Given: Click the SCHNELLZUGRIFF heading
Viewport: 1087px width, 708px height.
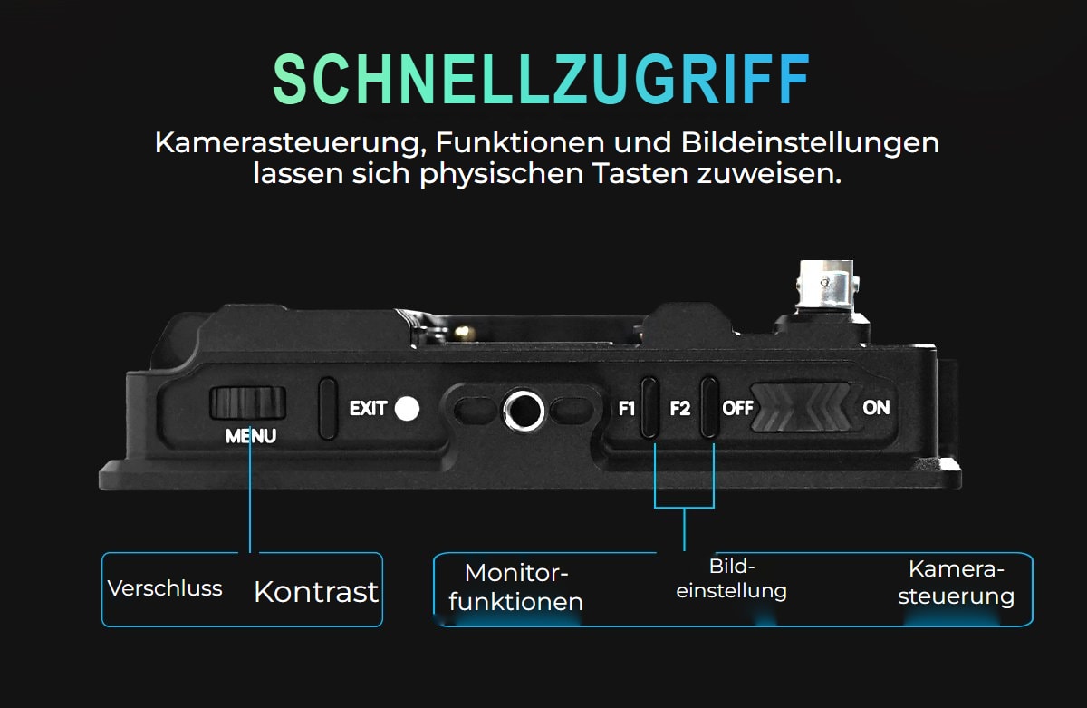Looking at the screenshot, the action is pyautogui.click(x=541, y=79).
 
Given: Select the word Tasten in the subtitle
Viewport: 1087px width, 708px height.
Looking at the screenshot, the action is pyautogui.click(x=641, y=174).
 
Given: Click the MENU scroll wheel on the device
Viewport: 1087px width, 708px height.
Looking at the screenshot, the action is pyautogui.click(x=247, y=403).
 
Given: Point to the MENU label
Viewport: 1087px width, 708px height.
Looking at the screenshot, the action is pyautogui.click(x=251, y=436).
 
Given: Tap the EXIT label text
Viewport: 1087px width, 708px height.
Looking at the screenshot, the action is pyautogui.click(x=369, y=408).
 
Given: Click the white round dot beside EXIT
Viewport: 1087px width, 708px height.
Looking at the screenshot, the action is pyautogui.click(x=407, y=409).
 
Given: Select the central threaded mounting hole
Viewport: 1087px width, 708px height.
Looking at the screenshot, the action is pyautogui.click(x=524, y=411).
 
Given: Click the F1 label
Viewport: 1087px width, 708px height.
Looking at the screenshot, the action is pyautogui.click(x=627, y=409).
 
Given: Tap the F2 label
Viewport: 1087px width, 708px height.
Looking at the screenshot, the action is pyautogui.click(x=680, y=409).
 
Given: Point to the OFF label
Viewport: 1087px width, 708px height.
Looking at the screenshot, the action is pyautogui.click(x=737, y=408).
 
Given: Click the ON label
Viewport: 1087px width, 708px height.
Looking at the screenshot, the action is pyautogui.click(x=876, y=407).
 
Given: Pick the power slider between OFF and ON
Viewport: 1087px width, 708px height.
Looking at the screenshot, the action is pyautogui.click(x=801, y=407).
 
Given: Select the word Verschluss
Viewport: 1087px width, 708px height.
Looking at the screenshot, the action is pyautogui.click(x=165, y=588).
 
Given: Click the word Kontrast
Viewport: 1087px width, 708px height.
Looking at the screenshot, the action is pyautogui.click(x=316, y=592).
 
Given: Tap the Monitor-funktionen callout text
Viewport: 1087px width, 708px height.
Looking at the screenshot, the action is pyautogui.click(x=515, y=587).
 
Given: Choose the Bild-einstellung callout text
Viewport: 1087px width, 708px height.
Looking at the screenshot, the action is pyautogui.click(x=731, y=578).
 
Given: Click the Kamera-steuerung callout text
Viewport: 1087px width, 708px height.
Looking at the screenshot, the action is pyautogui.click(x=956, y=583).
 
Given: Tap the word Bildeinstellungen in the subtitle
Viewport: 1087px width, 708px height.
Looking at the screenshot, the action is pyautogui.click(x=810, y=143).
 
